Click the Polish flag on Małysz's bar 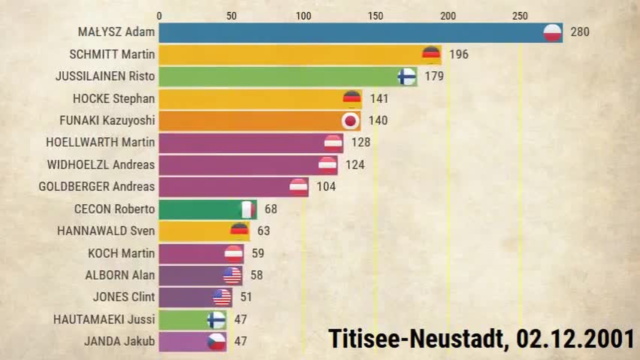(x=552, y=33)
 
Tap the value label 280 (x=580, y=32)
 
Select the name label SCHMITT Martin (x=112, y=54)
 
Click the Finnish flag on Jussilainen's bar (x=407, y=76)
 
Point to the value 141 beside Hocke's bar (x=379, y=99)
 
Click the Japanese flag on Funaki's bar (x=350, y=121)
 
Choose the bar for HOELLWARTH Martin (x=251, y=143)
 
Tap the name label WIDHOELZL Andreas (x=101, y=165)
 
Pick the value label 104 (x=326, y=187)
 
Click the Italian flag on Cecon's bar (x=247, y=209)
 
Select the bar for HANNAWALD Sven (x=204, y=231)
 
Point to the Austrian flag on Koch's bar (x=233, y=253)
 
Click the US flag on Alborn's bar (x=232, y=275)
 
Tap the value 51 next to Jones (x=246, y=297)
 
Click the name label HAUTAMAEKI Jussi (x=104, y=319)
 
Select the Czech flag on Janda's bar (x=216, y=341)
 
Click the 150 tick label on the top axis (x=375, y=16)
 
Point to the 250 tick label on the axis (x=520, y=16)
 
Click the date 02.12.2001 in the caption (x=575, y=339)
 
